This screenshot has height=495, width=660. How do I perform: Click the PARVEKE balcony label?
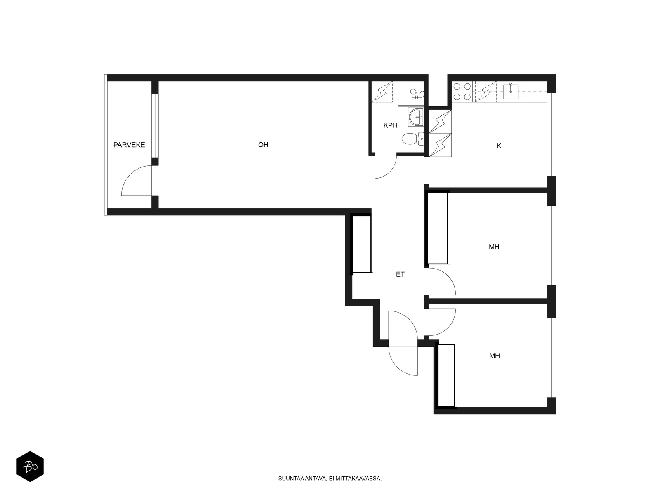[x=129, y=145]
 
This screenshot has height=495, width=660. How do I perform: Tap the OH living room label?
[x=263, y=145]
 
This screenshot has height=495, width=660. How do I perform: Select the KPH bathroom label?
[x=390, y=125]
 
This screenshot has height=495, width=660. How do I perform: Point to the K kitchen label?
[x=499, y=146]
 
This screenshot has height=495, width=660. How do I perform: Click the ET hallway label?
[x=400, y=274]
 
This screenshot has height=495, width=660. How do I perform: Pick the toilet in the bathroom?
[x=413, y=139]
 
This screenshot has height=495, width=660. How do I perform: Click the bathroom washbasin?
[x=416, y=118]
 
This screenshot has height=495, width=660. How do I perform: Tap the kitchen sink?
[x=511, y=91]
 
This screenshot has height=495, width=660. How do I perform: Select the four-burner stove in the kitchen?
[x=462, y=92]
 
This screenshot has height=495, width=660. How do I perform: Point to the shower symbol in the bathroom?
[x=417, y=94]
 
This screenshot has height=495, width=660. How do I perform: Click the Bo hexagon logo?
[x=30, y=467]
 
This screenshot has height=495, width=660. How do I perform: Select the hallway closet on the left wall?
[x=362, y=243]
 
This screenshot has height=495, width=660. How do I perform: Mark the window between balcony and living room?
[x=155, y=125]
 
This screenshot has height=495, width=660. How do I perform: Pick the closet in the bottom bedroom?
[x=446, y=376]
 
